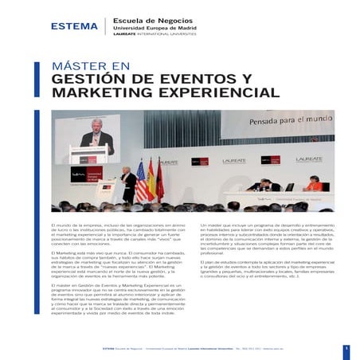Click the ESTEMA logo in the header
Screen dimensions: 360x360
73,25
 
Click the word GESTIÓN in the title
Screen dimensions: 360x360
90,79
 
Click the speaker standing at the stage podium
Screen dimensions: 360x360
128,185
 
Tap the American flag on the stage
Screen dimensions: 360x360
141,182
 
